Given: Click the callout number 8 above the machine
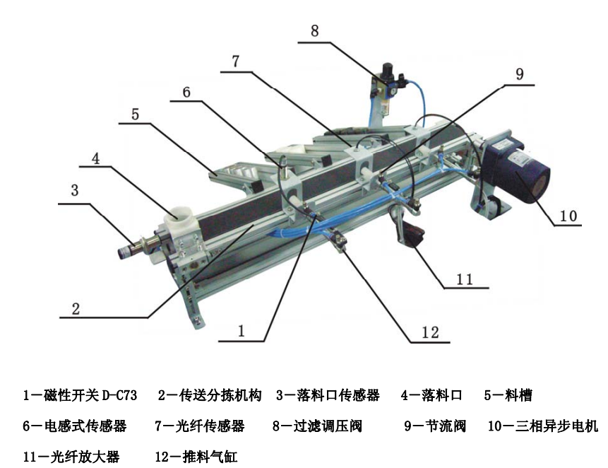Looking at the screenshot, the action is (314, 31).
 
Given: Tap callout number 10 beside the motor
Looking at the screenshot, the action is (568, 216).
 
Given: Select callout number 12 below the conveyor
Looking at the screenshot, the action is (430, 332).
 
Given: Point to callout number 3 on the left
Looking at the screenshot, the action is (75, 191).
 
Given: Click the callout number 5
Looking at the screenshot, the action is (135, 115).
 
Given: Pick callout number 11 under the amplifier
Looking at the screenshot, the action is (464, 279).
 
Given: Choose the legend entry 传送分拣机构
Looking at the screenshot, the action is (220, 395).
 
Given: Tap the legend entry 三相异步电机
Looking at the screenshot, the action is (557, 426).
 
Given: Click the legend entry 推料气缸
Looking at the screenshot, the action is (210, 457).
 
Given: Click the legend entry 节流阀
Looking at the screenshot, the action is (445, 426).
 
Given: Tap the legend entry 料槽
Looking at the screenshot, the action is (518, 395).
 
